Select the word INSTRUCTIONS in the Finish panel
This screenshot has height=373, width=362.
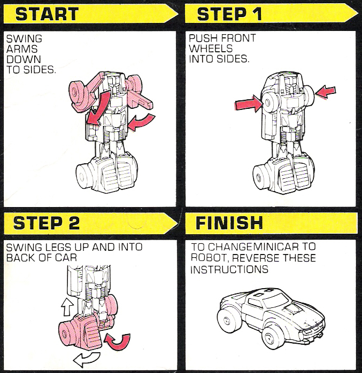pyautogui.click(x=229, y=269)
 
